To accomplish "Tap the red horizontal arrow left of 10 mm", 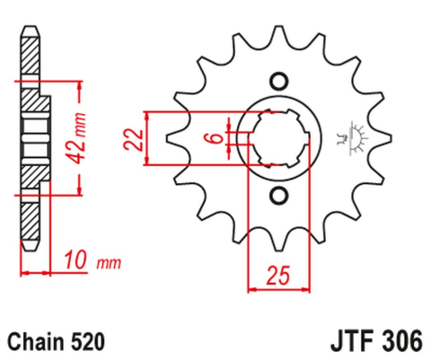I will [x=36, y=272].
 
